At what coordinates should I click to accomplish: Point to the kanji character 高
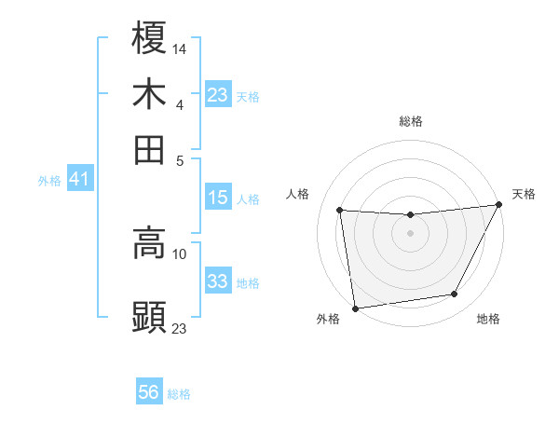149,244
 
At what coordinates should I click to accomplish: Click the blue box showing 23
218,96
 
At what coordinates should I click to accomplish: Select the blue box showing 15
218,198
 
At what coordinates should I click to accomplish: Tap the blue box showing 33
218,281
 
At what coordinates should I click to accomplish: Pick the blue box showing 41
79,180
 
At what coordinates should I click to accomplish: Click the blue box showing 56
149,393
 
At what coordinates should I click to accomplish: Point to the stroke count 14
180,48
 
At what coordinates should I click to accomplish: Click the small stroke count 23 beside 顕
180,328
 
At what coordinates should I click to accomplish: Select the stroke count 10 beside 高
180,253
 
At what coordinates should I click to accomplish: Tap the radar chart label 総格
410,121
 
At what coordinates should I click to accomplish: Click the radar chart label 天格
524,194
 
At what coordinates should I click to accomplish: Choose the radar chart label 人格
298,194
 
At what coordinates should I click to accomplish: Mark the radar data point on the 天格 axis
498,205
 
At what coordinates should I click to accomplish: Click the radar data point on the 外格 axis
355,308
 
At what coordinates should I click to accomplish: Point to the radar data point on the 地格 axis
455,294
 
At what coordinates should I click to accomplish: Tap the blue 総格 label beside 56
179,394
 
